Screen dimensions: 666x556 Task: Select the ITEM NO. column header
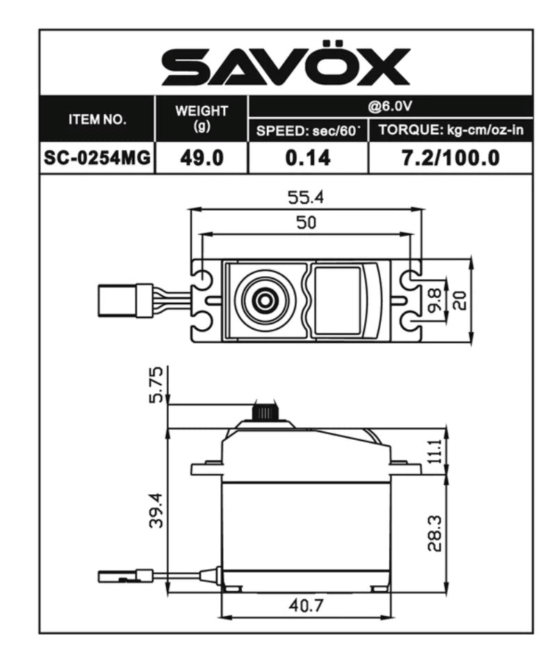point(97,119)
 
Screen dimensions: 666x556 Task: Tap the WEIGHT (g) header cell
point(202,118)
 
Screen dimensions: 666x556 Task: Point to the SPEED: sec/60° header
point(306,131)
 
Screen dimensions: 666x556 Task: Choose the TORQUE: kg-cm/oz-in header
point(450,131)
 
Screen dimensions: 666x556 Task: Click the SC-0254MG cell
point(97,158)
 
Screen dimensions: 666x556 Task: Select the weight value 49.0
point(202,158)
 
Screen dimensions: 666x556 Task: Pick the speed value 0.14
point(306,158)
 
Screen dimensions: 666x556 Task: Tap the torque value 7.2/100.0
point(450,158)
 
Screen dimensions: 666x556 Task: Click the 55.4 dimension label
point(306,198)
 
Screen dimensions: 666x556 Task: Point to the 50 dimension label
point(306,223)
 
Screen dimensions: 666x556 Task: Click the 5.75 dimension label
point(157,384)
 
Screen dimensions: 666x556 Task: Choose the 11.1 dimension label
point(434,452)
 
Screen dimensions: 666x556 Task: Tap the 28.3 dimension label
point(434,534)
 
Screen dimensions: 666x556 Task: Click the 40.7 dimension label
point(306,605)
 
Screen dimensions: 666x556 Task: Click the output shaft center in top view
point(264,301)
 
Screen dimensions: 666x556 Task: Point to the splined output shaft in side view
point(264,412)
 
